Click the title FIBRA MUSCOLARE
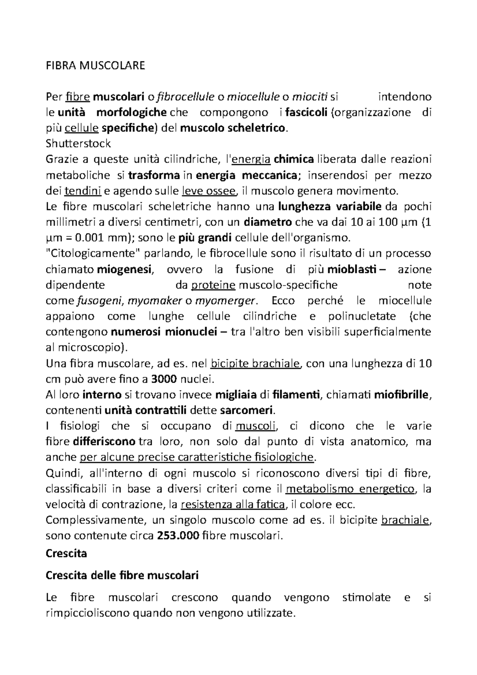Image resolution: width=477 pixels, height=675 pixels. (x=96, y=66)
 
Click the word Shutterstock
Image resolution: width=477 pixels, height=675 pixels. (x=78, y=144)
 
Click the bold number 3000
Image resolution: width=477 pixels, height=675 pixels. (x=164, y=379)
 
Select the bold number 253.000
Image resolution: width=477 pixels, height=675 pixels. (x=178, y=535)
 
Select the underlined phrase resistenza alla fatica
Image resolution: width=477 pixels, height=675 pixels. (x=233, y=504)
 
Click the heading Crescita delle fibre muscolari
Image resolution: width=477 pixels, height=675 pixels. (x=122, y=575)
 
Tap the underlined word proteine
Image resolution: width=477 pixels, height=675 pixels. (x=213, y=285)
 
